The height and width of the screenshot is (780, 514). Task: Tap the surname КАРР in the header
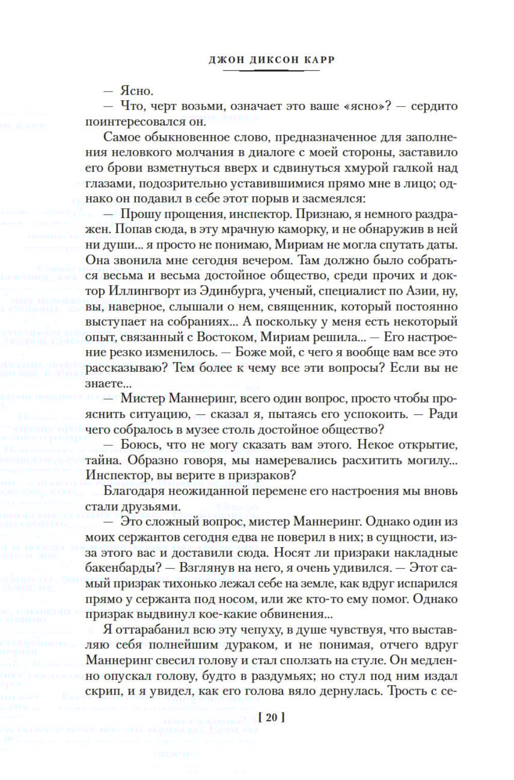coord(318,60)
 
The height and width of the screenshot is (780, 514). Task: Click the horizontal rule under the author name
coord(272,71)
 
